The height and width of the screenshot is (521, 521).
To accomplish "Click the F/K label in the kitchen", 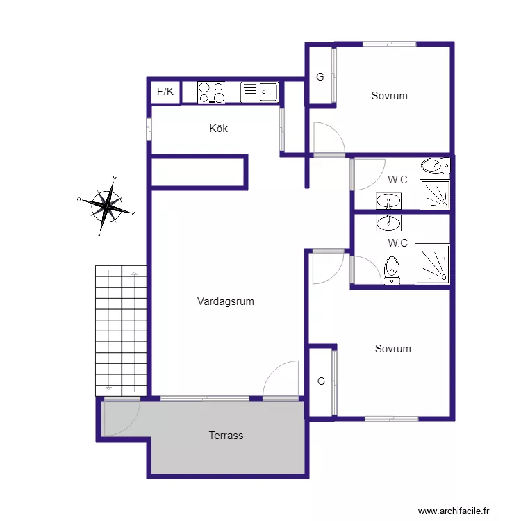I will pyautogui.click(x=166, y=92).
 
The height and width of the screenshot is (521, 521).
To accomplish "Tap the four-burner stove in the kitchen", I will pyautogui.click(x=211, y=92).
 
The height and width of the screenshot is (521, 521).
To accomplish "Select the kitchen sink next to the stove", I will pyautogui.click(x=259, y=92).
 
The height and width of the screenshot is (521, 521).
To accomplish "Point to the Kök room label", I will pyautogui.click(x=219, y=129).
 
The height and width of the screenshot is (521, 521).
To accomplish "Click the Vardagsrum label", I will pyautogui.click(x=226, y=301).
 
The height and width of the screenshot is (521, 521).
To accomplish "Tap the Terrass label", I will pyautogui.click(x=226, y=436).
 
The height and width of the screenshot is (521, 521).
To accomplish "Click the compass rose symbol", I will pyautogui.click(x=107, y=206).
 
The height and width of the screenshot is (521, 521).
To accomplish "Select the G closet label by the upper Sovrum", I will pyautogui.click(x=320, y=77).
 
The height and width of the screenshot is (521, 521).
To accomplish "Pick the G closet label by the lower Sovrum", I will pyautogui.click(x=321, y=381).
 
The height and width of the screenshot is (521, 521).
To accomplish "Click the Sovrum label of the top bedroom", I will pyautogui.click(x=389, y=96).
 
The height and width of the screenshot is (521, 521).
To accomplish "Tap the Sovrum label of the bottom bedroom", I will pyautogui.click(x=393, y=349).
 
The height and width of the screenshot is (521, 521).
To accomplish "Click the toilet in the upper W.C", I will pyautogui.click(x=433, y=165).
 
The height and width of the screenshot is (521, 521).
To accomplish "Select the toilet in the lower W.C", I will pyautogui.click(x=392, y=270).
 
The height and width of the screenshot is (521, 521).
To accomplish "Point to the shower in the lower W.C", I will pyautogui.click(x=432, y=264).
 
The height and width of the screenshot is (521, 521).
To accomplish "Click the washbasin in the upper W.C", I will pyautogui.click(x=388, y=201).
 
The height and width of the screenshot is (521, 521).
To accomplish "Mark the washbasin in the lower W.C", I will pyautogui.click(x=388, y=222).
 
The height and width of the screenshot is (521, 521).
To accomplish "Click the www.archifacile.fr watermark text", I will pyautogui.click(x=458, y=511).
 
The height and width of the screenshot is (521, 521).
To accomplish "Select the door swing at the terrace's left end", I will pyautogui.click(x=119, y=418).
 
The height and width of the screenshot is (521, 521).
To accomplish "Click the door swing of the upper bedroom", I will pyautogui.click(x=328, y=138).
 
